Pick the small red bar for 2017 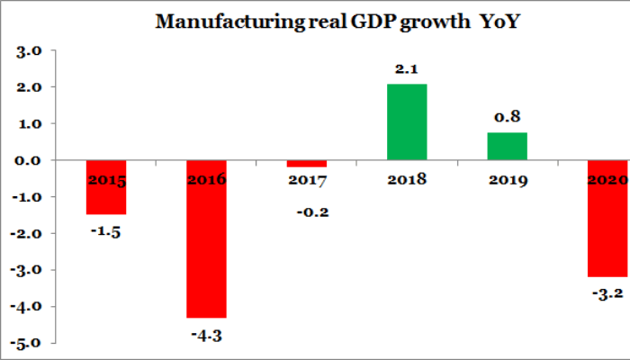pyautogui.click(x=308, y=163)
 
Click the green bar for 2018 pyautogui.click(x=407, y=121)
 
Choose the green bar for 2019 pyautogui.click(x=508, y=146)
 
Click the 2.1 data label pyautogui.click(x=408, y=67)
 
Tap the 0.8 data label pyautogui.click(x=508, y=116)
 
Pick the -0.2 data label pyautogui.click(x=309, y=212)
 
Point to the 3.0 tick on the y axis pyautogui.click(x=30, y=51)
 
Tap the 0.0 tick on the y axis pyautogui.click(x=30, y=160)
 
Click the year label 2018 pyautogui.click(x=408, y=180)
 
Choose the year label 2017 pyautogui.click(x=308, y=181)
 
